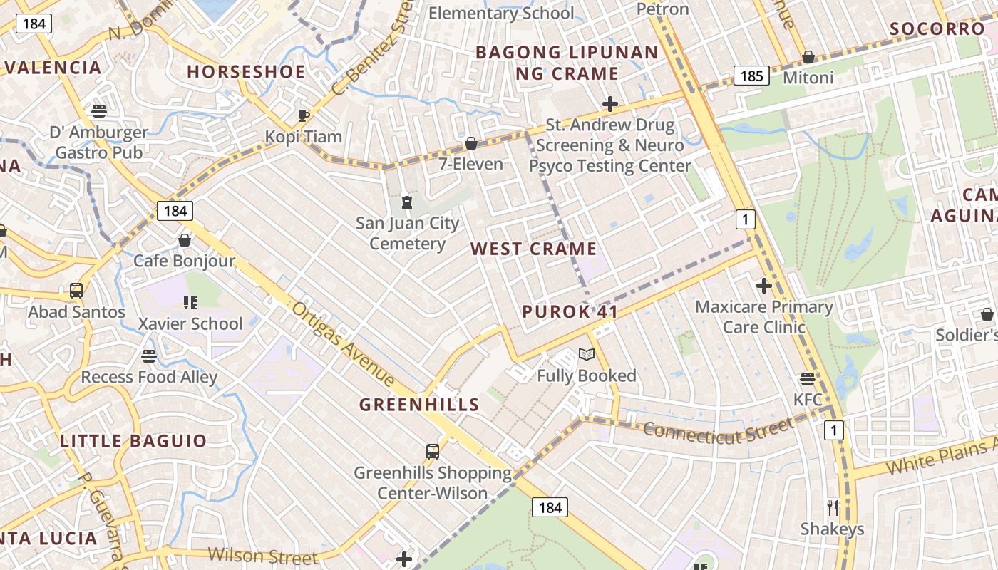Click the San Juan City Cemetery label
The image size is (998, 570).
(408, 234)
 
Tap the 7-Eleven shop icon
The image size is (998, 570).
(470, 144)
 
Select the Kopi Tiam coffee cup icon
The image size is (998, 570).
(303, 115)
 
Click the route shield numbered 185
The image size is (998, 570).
(751, 76)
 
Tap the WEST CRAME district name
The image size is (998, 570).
(533, 249)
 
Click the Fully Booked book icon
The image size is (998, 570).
(586, 355)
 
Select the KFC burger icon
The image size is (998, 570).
(808, 379)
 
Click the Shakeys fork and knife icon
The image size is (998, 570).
(832, 508)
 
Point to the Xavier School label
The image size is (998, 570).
(190, 324)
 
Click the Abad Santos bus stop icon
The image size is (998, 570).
(76, 291)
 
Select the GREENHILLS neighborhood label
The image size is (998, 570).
(418, 405)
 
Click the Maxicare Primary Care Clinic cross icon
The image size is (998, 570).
(764, 286)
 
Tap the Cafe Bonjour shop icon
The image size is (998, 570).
(185, 240)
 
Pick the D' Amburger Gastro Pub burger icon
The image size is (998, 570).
(98, 111)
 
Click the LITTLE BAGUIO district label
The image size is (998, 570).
(133, 441)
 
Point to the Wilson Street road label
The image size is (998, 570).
(262, 556)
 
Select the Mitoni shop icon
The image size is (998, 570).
(808, 57)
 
